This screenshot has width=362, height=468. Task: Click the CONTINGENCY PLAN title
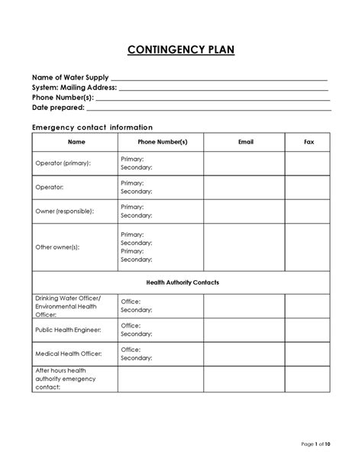point(181,50)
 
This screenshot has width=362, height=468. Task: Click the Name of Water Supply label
point(70,78)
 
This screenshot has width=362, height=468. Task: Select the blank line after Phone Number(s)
point(213,98)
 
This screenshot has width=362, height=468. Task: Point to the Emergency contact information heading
point(92,127)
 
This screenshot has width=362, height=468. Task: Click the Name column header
point(76,142)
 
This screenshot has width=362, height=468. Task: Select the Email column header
point(245,142)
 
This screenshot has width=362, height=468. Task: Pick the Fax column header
point(308,142)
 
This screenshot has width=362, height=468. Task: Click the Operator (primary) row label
point(63,163)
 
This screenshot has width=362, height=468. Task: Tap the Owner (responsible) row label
point(65,210)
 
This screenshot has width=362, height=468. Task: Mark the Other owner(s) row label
point(57,247)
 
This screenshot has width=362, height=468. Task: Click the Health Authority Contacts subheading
point(182,282)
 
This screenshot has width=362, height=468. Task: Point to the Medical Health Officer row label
point(68,353)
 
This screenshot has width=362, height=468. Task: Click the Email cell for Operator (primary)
point(244,163)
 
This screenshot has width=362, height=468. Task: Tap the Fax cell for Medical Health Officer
point(308,353)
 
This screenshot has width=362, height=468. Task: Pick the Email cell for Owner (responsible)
point(244,211)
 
